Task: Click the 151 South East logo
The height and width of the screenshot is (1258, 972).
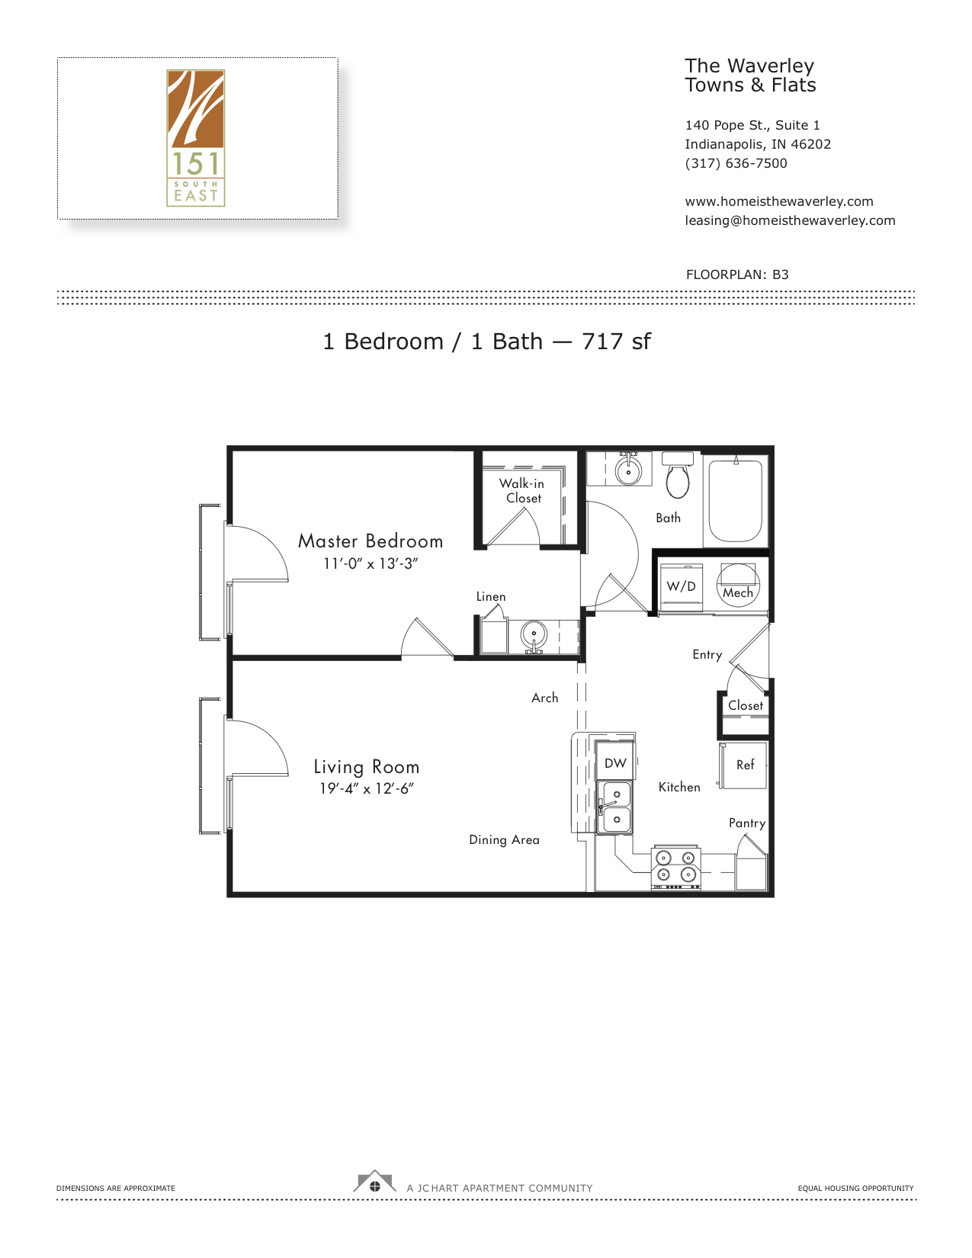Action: [x=196, y=138]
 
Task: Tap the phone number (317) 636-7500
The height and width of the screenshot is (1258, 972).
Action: [x=736, y=163]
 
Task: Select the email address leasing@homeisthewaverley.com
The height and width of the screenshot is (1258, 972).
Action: [x=790, y=220]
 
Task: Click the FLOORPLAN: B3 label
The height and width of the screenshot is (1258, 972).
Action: [x=737, y=274]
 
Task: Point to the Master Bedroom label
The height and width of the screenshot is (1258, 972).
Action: [x=371, y=541]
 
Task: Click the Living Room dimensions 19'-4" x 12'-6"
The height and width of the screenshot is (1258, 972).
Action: [x=367, y=788]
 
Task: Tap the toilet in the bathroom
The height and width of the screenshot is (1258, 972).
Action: [x=677, y=475]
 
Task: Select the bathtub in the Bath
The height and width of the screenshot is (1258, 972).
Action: [x=735, y=500]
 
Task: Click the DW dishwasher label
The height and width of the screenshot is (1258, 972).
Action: [x=615, y=763]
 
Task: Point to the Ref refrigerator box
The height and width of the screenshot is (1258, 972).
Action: [x=744, y=765]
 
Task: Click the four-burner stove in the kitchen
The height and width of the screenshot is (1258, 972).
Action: [x=676, y=867]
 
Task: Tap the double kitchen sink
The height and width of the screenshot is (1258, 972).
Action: [x=614, y=807]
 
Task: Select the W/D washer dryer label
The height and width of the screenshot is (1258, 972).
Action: [x=681, y=586]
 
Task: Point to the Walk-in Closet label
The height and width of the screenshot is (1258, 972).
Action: [x=521, y=490]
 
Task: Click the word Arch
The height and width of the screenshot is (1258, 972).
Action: [x=545, y=698]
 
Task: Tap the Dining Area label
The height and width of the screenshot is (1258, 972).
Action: [x=504, y=839]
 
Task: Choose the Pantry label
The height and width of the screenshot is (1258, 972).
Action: [x=747, y=823]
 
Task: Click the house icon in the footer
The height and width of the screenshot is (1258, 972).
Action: [x=374, y=1182]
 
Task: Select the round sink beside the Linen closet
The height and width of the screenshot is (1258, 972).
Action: [x=533, y=635]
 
